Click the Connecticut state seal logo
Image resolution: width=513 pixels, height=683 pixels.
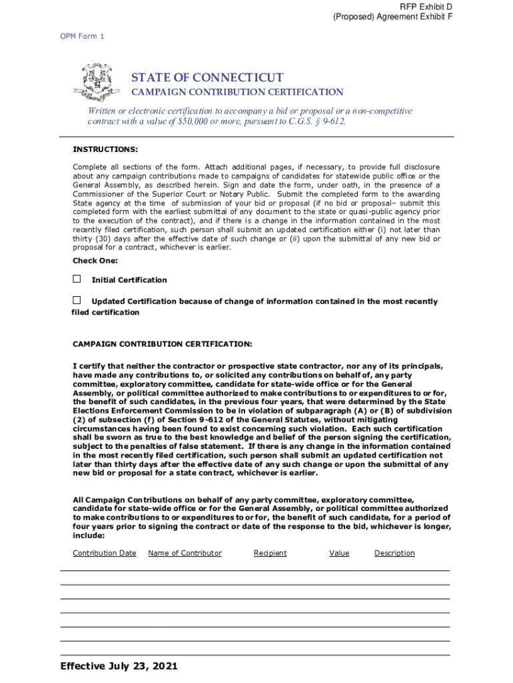[97, 82]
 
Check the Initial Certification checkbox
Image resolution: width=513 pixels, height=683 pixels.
[77, 279]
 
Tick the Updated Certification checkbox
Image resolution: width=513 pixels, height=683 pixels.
[77, 301]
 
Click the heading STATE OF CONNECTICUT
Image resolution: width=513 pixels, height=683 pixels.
[207, 77]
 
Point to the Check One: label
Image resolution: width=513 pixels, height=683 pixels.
[95, 260]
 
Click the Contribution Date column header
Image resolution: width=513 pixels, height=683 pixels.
[104, 553]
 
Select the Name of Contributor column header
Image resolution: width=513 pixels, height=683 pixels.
[185, 553]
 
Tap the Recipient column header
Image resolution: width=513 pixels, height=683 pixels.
[270, 553]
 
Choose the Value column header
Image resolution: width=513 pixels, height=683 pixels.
[339, 553]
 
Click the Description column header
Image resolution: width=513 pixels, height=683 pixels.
[394, 553]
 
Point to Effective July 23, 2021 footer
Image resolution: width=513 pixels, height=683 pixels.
[119, 666]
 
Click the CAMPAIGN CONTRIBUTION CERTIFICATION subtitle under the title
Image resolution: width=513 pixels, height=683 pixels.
[237, 92]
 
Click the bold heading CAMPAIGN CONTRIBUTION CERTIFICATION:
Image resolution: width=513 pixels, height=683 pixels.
[162, 344]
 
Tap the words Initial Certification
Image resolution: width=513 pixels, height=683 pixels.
[129, 280]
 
